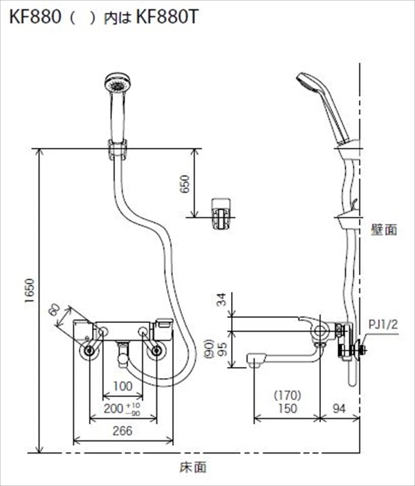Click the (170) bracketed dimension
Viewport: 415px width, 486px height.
[284, 397]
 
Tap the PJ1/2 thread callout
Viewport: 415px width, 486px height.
[382, 322]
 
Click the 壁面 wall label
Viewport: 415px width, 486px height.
[384, 230]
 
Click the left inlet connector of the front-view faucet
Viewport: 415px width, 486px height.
[89, 351]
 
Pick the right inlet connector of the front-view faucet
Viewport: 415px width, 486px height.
[156, 351]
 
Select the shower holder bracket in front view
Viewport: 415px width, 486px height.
[117, 149]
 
